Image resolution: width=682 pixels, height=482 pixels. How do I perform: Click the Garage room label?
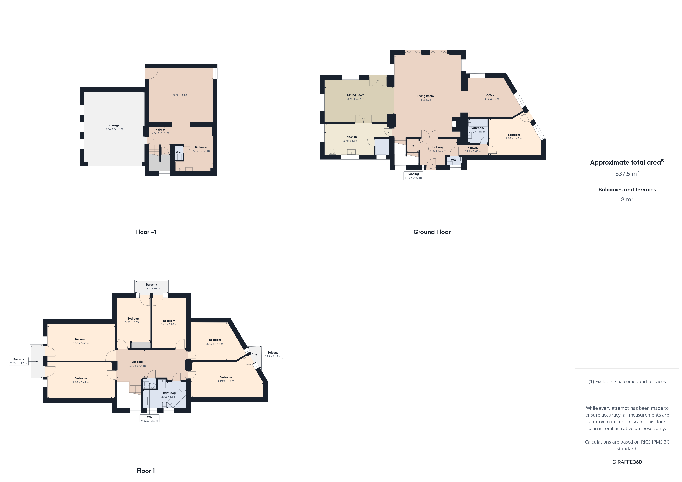tap(114, 126)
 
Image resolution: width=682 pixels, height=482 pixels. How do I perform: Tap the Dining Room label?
tap(355, 95)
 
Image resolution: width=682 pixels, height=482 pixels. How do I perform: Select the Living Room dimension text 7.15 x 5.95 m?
tap(425, 100)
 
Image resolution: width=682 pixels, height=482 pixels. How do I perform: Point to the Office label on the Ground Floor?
tap(490, 95)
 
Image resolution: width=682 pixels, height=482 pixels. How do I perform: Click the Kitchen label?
tap(352, 137)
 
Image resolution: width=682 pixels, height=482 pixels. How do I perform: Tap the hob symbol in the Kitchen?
tap(332, 151)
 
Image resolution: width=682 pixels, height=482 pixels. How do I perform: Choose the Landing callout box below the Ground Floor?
tap(413, 176)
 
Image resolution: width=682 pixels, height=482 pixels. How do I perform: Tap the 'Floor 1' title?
tap(146, 471)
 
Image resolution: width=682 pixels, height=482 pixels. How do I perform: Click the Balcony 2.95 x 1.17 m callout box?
tap(19, 361)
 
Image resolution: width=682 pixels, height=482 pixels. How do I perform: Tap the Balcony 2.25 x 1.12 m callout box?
tap(273, 354)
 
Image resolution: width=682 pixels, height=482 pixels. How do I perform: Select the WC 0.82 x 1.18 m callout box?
tap(149, 418)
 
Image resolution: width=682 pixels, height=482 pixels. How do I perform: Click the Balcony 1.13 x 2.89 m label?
tap(152, 286)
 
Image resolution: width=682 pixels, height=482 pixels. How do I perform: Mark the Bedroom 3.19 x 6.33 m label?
tap(226, 379)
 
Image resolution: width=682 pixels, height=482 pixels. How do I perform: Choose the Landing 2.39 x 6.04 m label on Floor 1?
tap(137, 364)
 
